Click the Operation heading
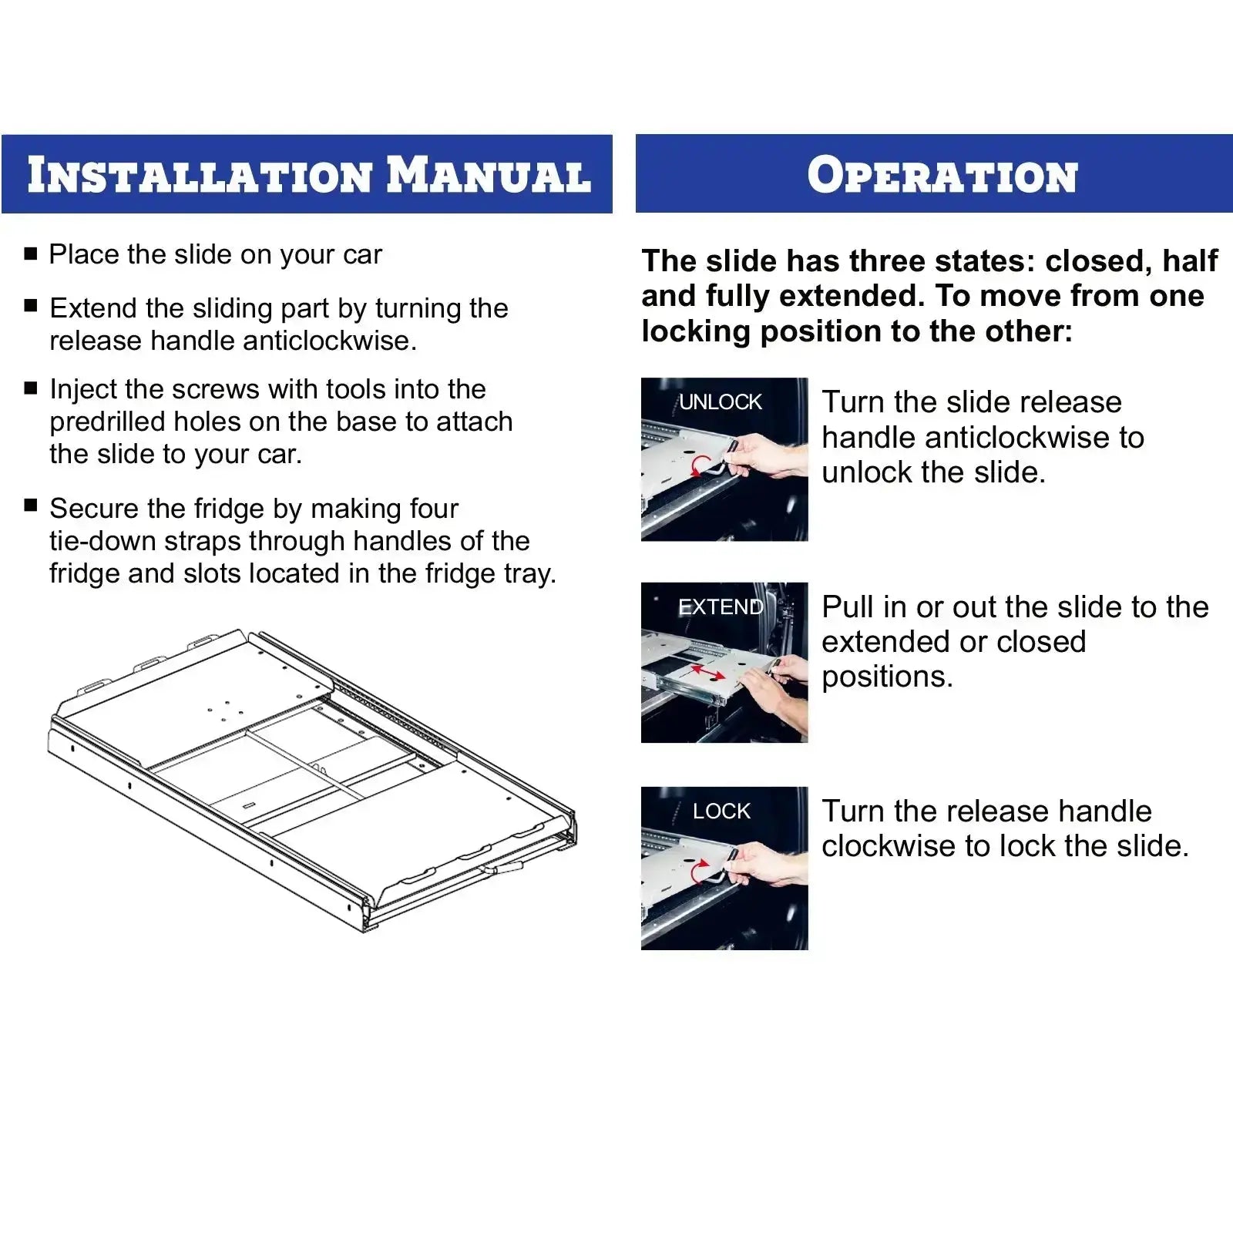pyautogui.click(x=942, y=175)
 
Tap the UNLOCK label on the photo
pyautogui.click(x=721, y=401)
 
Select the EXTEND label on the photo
pyautogui.click(x=721, y=606)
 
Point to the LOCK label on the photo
pyautogui.click(x=721, y=811)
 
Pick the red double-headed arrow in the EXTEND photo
pyautogui.click(x=707, y=674)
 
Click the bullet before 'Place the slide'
pyautogui.click(x=31, y=254)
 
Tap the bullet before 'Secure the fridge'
pyautogui.click(x=31, y=506)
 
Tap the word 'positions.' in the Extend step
pyautogui.click(x=887, y=677)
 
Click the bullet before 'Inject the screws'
pyautogui.click(x=31, y=388)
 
